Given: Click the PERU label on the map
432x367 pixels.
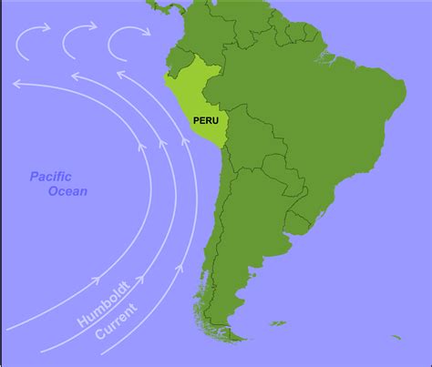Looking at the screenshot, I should (204, 120).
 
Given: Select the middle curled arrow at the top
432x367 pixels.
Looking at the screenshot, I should (77, 40).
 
